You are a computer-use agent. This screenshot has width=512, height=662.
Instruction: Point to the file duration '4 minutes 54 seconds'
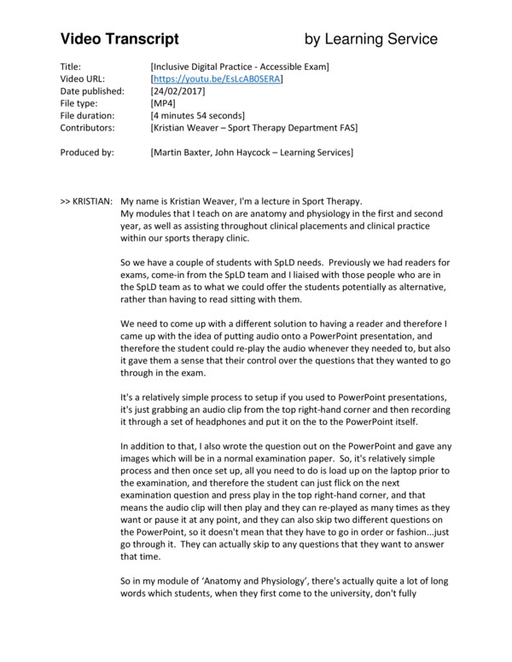coord(197,115)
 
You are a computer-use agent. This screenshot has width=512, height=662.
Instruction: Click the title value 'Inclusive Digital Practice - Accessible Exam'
coord(239,66)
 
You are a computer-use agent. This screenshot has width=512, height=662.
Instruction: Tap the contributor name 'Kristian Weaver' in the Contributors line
coord(187,127)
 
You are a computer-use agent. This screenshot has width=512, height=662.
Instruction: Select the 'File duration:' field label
coord(90,115)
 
